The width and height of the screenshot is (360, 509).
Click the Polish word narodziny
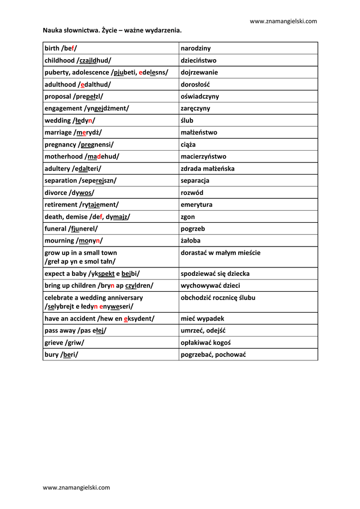(x=195, y=48)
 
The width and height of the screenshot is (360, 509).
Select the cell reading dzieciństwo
(x=198, y=60)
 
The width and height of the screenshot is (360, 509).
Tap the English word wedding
(x=58, y=120)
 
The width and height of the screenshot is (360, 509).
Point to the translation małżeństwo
(x=199, y=132)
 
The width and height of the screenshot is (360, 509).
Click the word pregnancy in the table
(x=60, y=145)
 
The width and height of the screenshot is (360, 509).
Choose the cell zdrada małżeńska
(x=207, y=169)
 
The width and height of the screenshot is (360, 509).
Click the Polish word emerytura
(x=196, y=205)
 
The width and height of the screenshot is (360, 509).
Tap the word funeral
(x=56, y=229)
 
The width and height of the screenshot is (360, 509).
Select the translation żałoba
(x=190, y=241)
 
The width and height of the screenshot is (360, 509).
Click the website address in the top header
(x=283, y=21)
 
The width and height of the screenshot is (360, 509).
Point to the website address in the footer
(x=77, y=488)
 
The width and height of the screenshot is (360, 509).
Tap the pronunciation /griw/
(x=75, y=342)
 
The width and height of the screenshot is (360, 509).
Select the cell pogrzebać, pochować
(x=213, y=354)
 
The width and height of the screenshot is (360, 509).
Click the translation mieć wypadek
(x=202, y=319)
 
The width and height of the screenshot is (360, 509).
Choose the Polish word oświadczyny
(x=200, y=96)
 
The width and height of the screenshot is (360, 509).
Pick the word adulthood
(x=59, y=85)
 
